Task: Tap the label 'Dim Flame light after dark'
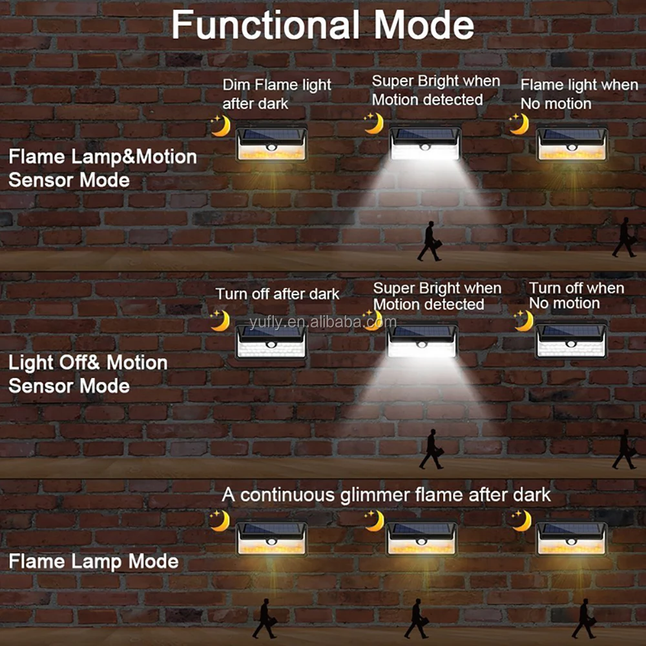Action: coord(277,94)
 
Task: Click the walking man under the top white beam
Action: coord(430,241)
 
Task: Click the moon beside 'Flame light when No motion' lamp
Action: coord(519,124)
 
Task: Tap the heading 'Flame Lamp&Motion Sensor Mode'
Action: coord(103,168)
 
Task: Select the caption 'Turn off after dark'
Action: coord(277,294)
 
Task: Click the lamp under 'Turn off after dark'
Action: coord(271,342)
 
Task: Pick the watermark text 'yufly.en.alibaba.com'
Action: coord(323,322)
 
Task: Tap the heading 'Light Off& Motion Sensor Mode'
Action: coord(88,374)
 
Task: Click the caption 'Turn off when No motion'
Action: coord(576,295)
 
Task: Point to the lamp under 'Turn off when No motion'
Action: coord(572,340)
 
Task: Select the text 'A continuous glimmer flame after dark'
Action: coord(386,495)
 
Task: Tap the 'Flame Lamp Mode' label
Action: coord(94,561)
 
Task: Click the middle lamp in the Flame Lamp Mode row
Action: coord(421,539)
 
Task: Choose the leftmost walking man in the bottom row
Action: coord(264,618)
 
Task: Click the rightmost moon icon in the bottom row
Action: coord(521,520)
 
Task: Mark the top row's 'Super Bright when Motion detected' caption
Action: coord(436,90)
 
